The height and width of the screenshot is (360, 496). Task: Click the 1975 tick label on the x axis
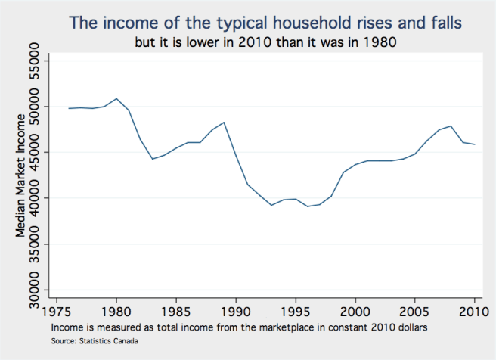coord(57,312)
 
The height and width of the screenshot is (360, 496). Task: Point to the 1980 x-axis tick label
coord(116,312)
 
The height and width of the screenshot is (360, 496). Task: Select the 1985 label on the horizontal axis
coord(176,312)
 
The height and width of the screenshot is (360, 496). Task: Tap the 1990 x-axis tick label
coord(236,312)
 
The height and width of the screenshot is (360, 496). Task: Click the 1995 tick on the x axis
coord(296,312)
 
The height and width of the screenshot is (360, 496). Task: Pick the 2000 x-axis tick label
coord(355,312)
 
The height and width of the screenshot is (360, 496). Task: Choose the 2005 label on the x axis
coord(415,312)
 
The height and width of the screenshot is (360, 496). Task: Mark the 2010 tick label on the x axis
coord(474,312)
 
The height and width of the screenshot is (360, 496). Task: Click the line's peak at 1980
coord(116,98)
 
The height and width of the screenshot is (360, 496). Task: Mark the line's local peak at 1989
coord(224,123)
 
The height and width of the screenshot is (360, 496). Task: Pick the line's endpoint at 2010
coord(474,144)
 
